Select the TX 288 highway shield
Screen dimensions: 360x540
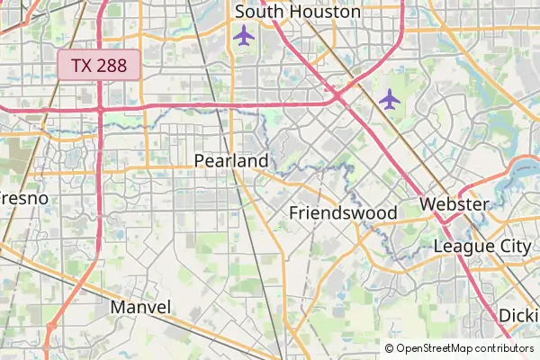[x=99, y=65]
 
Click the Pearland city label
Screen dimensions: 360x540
[x=231, y=161]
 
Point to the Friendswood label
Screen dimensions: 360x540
[x=343, y=213]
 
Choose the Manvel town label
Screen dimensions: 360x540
[x=140, y=307]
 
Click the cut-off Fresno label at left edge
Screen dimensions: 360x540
[x=23, y=197]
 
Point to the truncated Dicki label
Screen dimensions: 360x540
[x=519, y=316]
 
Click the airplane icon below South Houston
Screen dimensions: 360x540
[x=243, y=35]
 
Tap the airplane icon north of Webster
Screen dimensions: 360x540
[x=389, y=99]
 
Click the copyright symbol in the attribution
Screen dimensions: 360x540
[x=390, y=348]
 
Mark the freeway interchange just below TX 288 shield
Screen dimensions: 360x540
[x=101, y=108]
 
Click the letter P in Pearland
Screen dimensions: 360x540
[x=200, y=161]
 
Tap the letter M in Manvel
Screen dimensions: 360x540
[x=117, y=307]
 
